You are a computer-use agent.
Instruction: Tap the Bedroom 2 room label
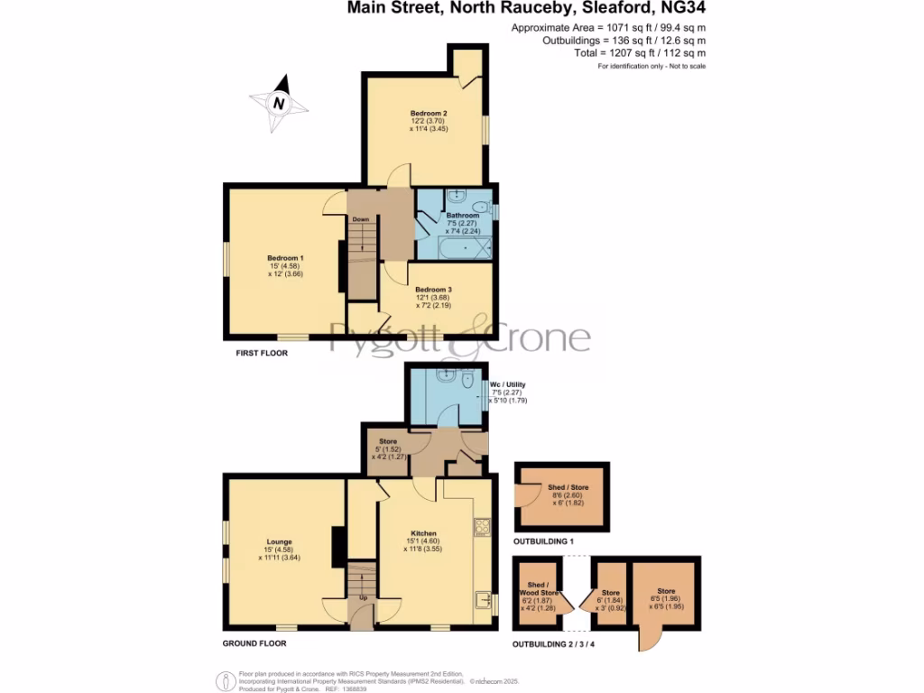(x=430, y=113)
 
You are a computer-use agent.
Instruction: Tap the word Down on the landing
(x=361, y=219)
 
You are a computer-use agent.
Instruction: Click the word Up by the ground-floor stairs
(x=364, y=597)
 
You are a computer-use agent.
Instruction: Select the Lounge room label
(x=279, y=542)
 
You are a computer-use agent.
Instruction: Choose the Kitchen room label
(x=423, y=533)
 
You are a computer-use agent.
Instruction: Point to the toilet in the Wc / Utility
(x=467, y=383)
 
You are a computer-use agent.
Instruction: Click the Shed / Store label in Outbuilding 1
(x=562, y=486)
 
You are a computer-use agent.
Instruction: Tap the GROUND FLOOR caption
(x=254, y=643)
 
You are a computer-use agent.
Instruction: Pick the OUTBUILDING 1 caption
(x=543, y=542)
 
